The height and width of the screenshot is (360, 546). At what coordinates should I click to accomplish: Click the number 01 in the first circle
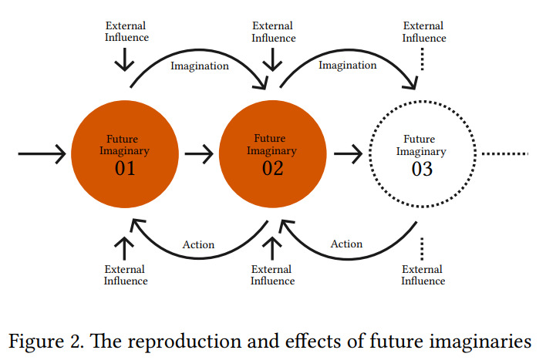[x=125, y=168]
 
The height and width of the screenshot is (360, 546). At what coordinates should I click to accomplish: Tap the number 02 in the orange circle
[x=272, y=168]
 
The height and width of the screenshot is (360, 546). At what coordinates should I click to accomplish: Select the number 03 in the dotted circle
[x=422, y=169]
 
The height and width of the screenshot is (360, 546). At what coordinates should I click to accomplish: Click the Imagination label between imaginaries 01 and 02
[x=200, y=66]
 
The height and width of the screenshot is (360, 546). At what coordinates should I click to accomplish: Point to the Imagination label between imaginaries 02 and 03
[x=348, y=65]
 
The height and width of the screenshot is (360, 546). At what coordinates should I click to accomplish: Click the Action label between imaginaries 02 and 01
[x=198, y=244]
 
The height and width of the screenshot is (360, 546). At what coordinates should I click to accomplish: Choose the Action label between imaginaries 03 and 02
[x=346, y=244]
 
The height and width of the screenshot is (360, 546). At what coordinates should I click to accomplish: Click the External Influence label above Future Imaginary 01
[x=126, y=32]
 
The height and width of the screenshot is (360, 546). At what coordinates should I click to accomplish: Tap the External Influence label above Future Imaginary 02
[x=273, y=32]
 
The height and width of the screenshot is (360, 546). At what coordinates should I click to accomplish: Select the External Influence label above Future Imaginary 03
[x=424, y=32]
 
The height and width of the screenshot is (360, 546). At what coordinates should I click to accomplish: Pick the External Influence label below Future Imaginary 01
[x=126, y=274]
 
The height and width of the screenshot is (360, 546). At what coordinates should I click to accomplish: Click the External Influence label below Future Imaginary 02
[x=273, y=274]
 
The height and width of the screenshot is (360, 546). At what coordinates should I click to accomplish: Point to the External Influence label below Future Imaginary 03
[x=423, y=274]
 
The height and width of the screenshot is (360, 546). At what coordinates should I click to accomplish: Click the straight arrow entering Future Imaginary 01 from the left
[x=42, y=153]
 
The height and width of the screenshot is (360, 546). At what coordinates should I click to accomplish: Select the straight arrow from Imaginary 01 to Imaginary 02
[x=199, y=153]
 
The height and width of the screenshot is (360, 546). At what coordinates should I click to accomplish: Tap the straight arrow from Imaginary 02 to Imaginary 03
[x=349, y=153]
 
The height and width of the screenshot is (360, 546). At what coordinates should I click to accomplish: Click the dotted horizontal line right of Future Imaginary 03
[x=505, y=153]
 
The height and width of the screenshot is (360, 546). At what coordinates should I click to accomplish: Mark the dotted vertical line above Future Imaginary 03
[x=423, y=59]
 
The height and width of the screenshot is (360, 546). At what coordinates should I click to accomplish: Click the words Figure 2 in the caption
[x=46, y=341]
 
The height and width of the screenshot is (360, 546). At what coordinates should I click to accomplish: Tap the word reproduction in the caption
[x=184, y=341]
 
